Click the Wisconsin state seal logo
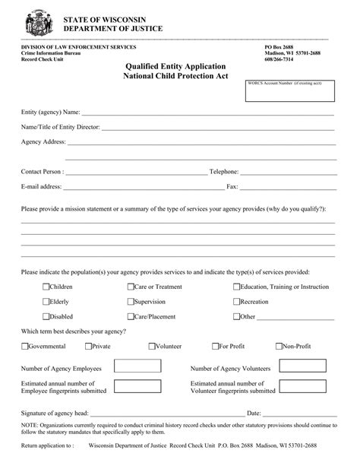34,21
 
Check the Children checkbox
46,287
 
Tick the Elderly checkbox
46,302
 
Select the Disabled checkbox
46,316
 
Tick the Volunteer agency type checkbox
152,346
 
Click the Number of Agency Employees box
137,366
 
